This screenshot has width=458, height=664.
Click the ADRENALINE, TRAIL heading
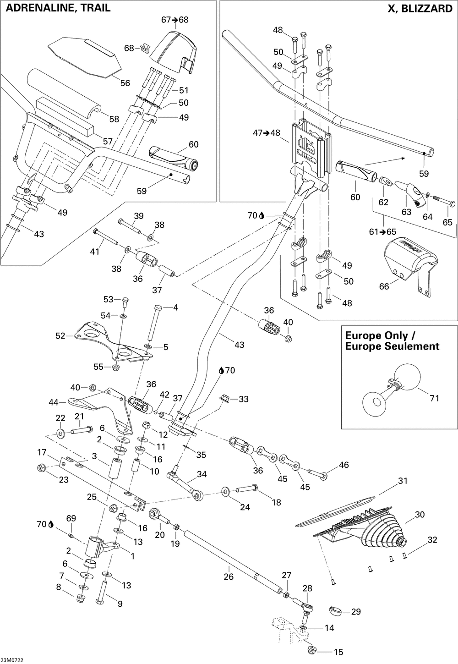tap(58, 8)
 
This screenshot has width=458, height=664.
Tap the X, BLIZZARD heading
tap(420, 9)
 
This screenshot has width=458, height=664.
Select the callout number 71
tap(434, 398)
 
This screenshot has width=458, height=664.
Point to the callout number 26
tap(229, 576)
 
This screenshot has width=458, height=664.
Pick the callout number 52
tap(60, 336)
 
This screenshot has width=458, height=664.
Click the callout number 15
tap(338, 652)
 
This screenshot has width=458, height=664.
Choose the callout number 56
tap(125, 83)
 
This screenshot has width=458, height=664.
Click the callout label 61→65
tap(382, 231)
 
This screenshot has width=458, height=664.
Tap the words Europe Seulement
tap(392, 346)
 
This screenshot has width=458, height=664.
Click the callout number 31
tap(403, 481)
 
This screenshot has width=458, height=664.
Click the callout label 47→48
tap(267, 133)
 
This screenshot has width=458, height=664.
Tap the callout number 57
tap(108, 142)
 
